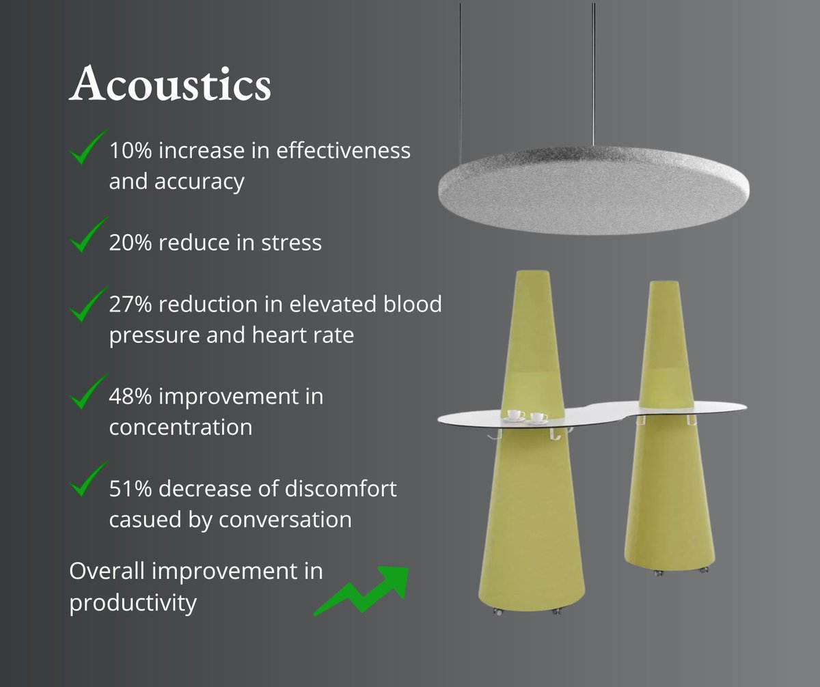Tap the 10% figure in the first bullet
pyautogui.click(x=131, y=150)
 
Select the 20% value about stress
pyautogui.click(x=132, y=242)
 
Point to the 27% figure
pyautogui.click(x=132, y=304)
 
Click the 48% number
pyautogui.click(x=132, y=396)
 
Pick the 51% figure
pyautogui.click(x=131, y=489)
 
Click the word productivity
pyautogui.click(x=133, y=603)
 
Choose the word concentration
pyautogui.click(x=180, y=427)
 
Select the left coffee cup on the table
pyautogui.click(x=515, y=415)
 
